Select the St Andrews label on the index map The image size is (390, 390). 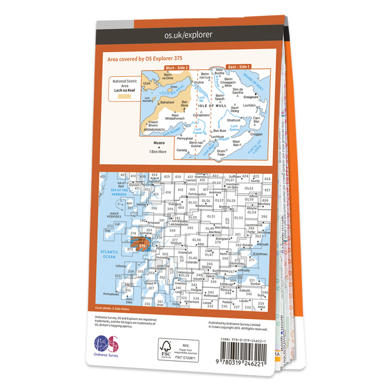[x=260, y=254]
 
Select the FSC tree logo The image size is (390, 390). [x=167, y=346]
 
